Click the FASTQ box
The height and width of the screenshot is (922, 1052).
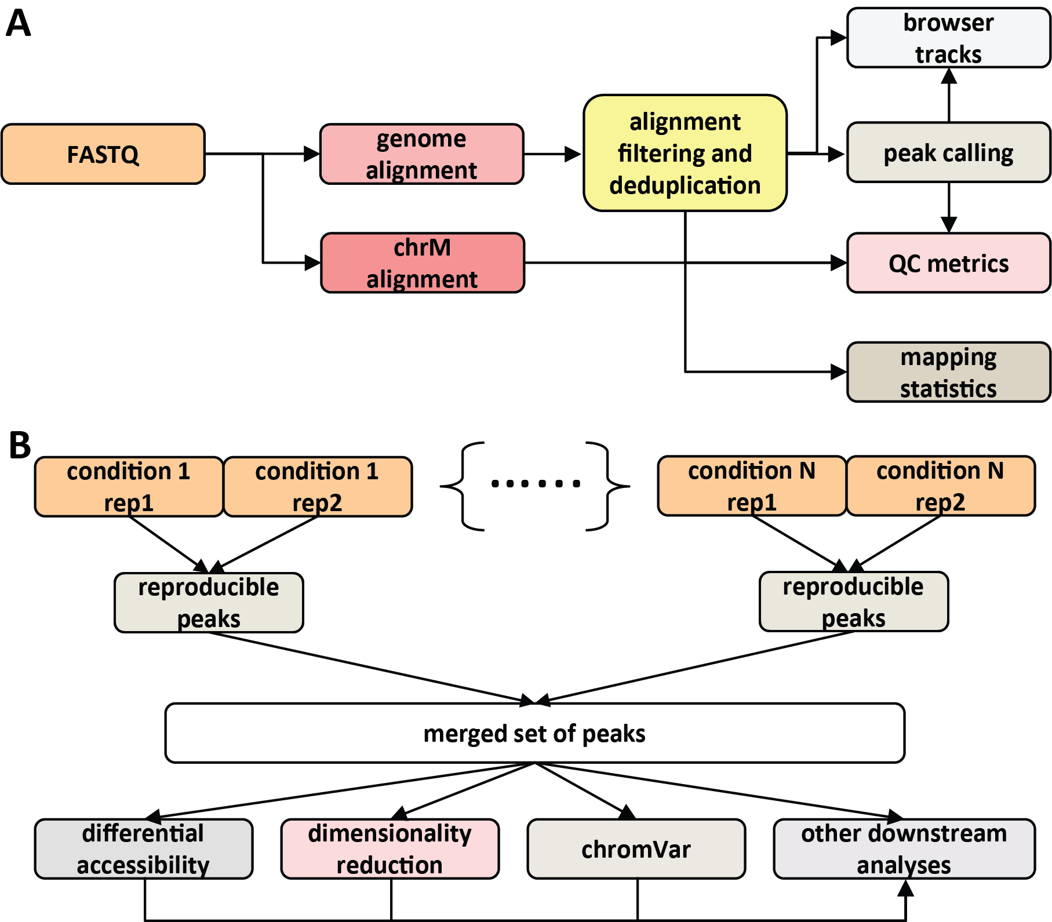[x=103, y=154]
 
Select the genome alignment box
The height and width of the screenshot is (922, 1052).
[x=421, y=154]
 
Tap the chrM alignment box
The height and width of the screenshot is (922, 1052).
[x=422, y=263]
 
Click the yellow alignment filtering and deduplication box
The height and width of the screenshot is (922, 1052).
[x=685, y=153]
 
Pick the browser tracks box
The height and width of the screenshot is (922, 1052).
[x=948, y=38]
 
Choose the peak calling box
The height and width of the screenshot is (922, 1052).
[x=948, y=153]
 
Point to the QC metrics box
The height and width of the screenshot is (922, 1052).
[x=948, y=263]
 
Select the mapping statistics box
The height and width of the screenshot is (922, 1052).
[x=948, y=372]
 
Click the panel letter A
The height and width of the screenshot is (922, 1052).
[x=18, y=24]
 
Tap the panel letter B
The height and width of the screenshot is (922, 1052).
[x=20, y=446]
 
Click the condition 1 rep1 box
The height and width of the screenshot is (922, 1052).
[x=129, y=487]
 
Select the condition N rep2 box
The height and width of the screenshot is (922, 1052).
[x=940, y=486]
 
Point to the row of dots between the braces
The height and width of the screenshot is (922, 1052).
[x=535, y=483]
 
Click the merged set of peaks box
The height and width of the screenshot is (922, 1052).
[x=534, y=733]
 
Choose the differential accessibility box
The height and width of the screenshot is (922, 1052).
[x=143, y=849]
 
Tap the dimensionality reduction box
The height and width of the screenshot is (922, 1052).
[x=390, y=849]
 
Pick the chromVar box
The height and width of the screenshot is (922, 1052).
[x=636, y=849]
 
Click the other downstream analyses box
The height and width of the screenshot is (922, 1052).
[x=904, y=849]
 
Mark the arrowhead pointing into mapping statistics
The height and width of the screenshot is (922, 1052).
[x=839, y=372]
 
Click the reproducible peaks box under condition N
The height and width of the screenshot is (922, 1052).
[x=853, y=602]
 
